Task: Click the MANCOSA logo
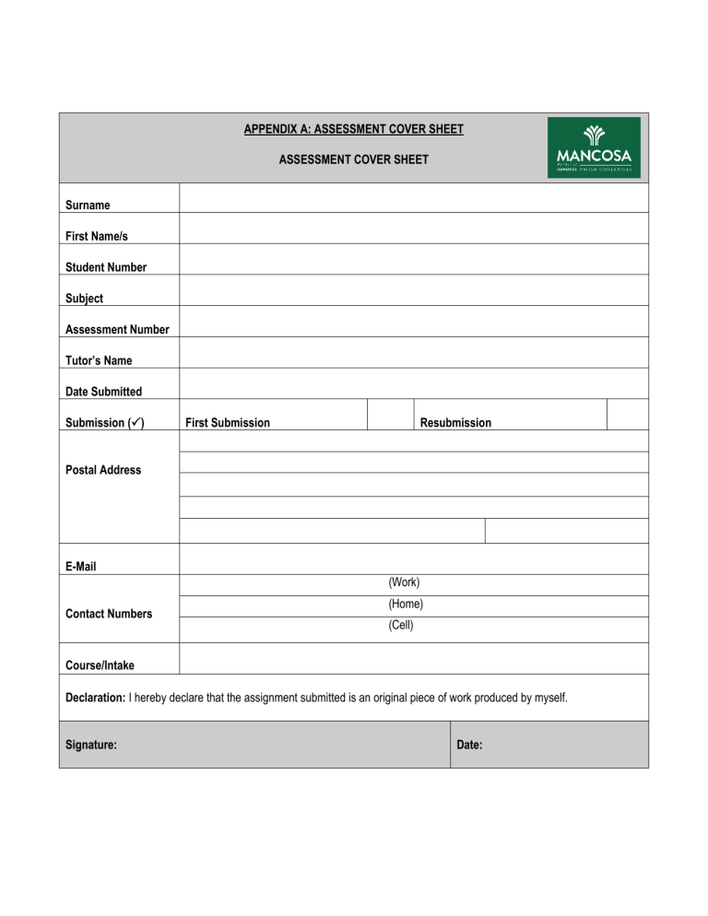point(594,147)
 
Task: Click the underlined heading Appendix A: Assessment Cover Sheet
point(353,130)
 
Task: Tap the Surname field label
point(88,205)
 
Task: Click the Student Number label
point(106,267)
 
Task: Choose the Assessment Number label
point(117,330)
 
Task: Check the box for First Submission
point(390,414)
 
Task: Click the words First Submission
point(228,423)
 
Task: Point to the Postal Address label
point(103,470)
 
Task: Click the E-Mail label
point(81,567)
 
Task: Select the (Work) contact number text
point(404,582)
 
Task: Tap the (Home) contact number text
point(406,605)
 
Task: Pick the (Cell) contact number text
point(401,626)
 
